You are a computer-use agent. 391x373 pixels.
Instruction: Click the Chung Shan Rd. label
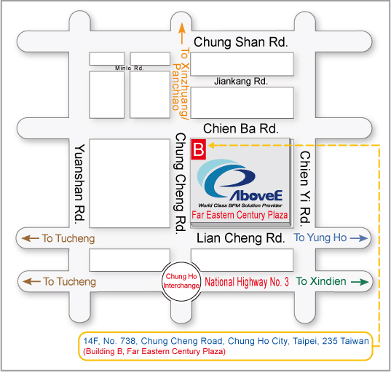[x=241, y=42]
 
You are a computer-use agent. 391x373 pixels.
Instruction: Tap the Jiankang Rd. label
[x=241, y=82]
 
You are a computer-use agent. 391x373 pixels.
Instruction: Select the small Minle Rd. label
[x=130, y=68]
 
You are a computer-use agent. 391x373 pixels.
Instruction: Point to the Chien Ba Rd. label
[x=240, y=128]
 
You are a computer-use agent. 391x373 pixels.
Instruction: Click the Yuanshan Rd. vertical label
[x=79, y=183]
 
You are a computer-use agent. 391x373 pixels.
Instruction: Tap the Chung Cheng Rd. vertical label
[x=181, y=184]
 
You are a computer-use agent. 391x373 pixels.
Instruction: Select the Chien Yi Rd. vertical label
[x=305, y=189]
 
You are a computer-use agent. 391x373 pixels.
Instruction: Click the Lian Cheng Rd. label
[x=240, y=238]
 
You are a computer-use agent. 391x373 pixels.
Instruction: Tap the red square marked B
[x=199, y=149]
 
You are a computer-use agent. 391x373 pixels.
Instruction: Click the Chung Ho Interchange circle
[x=181, y=281]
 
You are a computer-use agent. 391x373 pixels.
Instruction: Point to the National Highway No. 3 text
[x=247, y=282]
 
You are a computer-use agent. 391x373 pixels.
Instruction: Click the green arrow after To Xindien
[x=360, y=282]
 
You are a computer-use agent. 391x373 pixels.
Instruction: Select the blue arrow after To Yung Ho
[x=359, y=238]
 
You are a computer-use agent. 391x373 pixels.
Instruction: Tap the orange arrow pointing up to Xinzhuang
[x=182, y=34]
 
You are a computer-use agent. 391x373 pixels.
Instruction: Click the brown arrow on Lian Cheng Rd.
[x=31, y=238]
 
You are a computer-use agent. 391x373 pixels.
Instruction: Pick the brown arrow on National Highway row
[x=31, y=282]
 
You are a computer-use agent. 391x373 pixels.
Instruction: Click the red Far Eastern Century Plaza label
[x=240, y=215]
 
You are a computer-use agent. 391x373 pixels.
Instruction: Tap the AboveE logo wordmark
[x=256, y=195]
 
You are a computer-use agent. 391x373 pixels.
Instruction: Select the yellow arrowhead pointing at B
[x=211, y=145]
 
